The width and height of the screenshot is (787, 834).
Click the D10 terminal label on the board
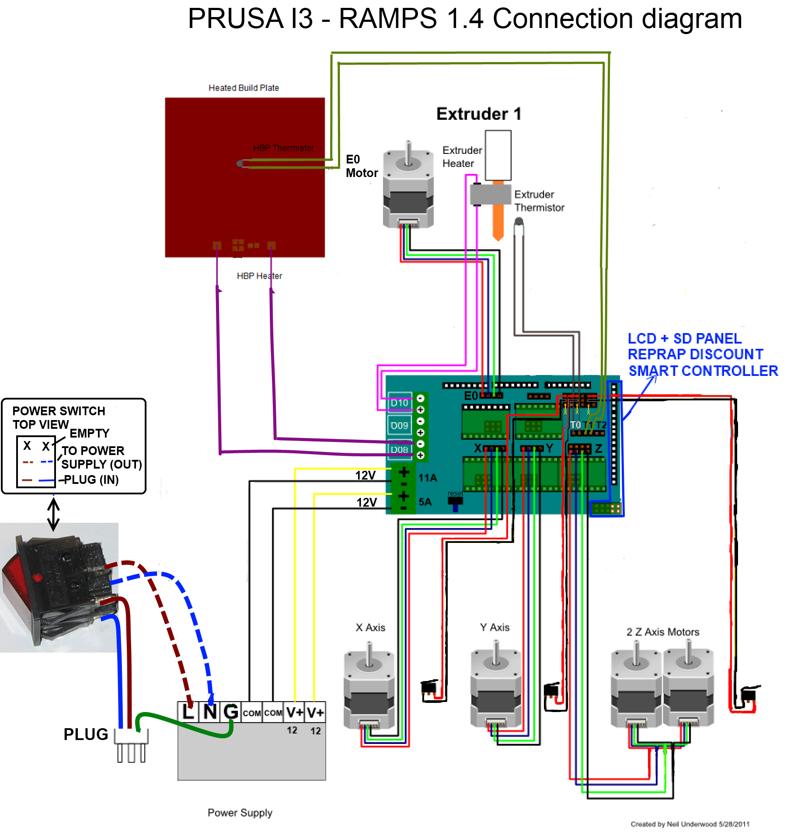(399, 403)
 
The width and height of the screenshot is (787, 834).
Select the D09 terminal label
(399, 425)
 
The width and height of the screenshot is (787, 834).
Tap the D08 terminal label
(399, 449)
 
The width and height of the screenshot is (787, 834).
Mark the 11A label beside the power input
(428, 478)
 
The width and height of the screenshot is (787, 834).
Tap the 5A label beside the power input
(425, 502)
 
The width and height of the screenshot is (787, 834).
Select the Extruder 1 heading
(479, 114)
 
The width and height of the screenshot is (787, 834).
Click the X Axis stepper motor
(369, 691)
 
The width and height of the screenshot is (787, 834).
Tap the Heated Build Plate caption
(244, 88)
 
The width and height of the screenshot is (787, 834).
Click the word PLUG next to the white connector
(86, 734)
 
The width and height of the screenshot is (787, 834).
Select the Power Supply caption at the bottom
(240, 813)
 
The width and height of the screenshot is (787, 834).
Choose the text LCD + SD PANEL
(685, 338)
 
